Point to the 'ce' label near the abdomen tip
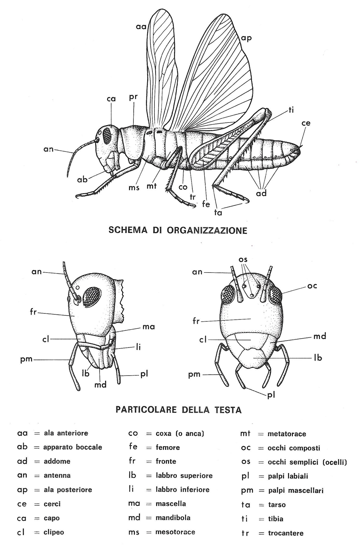pyautogui.click(x=306, y=123)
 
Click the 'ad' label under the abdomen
pyautogui.click(x=262, y=193)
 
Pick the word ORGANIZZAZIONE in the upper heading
pyautogui.click(x=207, y=230)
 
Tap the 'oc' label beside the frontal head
pyautogui.click(x=312, y=285)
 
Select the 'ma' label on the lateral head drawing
pyautogui.click(x=148, y=327)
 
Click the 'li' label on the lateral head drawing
pyautogui.click(x=138, y=347)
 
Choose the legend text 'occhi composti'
pyautogui.click(x=294, y=448)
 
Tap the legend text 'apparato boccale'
pyautogui.click(x=73, y=447)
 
